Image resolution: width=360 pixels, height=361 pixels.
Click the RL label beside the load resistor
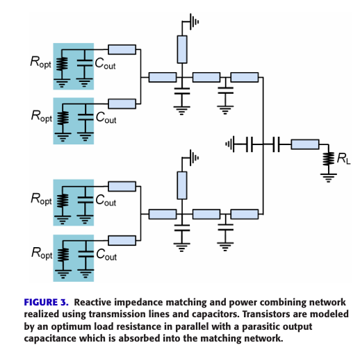tap(343, 159)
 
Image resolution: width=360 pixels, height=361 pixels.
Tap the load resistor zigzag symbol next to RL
tap(329, 159)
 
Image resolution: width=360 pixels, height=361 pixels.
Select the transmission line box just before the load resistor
tap(305, 144)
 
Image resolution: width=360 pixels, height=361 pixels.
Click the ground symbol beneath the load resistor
tap(329, 178)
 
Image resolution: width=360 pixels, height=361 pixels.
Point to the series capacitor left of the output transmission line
tap(276, 144)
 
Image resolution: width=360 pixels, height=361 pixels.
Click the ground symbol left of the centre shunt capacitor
tap(230, 144)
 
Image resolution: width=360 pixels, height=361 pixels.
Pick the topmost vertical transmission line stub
tap(182, 49)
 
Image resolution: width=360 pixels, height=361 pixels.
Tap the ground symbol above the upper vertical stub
tap(194, 22)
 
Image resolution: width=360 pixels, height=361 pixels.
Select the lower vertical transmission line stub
tap(182, 185)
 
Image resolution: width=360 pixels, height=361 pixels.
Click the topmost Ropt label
tap(40, 62)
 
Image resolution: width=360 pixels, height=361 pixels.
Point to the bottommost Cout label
tap(106, 255)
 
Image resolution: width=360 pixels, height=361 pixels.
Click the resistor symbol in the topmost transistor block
tap(62, 64)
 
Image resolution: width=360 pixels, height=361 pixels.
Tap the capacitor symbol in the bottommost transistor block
tap(86, 254)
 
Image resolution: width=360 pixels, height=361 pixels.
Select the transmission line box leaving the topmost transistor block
tap(122, 49)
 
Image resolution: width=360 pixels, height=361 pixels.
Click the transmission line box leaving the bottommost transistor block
tap(122, 241)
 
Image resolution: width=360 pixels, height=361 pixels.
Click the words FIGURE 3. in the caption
tap(47, 302)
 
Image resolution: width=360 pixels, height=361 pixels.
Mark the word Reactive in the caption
tap(92, 302)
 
